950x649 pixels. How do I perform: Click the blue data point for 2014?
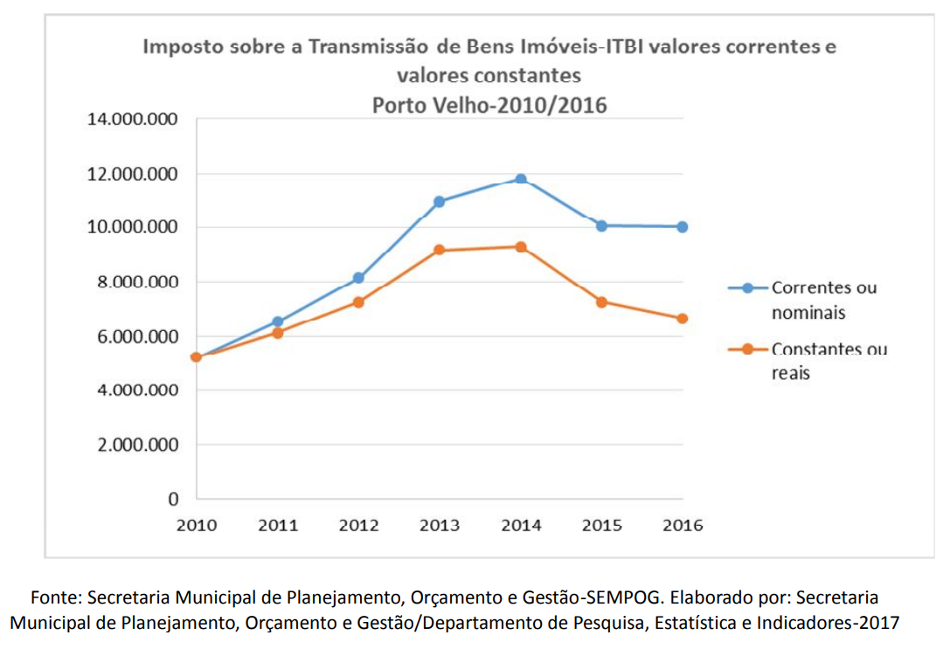[x=521, y=179]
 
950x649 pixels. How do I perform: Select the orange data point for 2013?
[x=440, y=251]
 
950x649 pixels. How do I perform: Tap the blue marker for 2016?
[x=683, y=227]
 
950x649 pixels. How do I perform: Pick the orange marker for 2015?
[x=602, y=302]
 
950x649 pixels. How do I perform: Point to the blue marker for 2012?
[x=358, y=278]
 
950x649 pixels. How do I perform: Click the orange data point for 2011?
[x=278, y=333]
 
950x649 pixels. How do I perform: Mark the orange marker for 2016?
[x=683, y=319]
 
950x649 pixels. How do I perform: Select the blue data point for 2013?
[x=440, y=202]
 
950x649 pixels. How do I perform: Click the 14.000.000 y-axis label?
[x=132, y=120]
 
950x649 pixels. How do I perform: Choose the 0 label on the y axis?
[x=173, y=500]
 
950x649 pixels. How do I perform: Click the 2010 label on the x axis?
[x=197, y=526]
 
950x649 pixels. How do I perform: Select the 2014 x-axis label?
[x=521, y=526]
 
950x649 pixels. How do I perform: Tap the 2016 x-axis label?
[x=683, y=526]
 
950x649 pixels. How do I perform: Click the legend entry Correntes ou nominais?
[x=822, y=300]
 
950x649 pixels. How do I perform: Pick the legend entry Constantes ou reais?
[x=828, y=361]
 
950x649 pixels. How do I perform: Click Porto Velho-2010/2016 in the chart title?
[x=489, y=106]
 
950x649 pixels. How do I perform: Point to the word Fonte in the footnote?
[x=55, y=598]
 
